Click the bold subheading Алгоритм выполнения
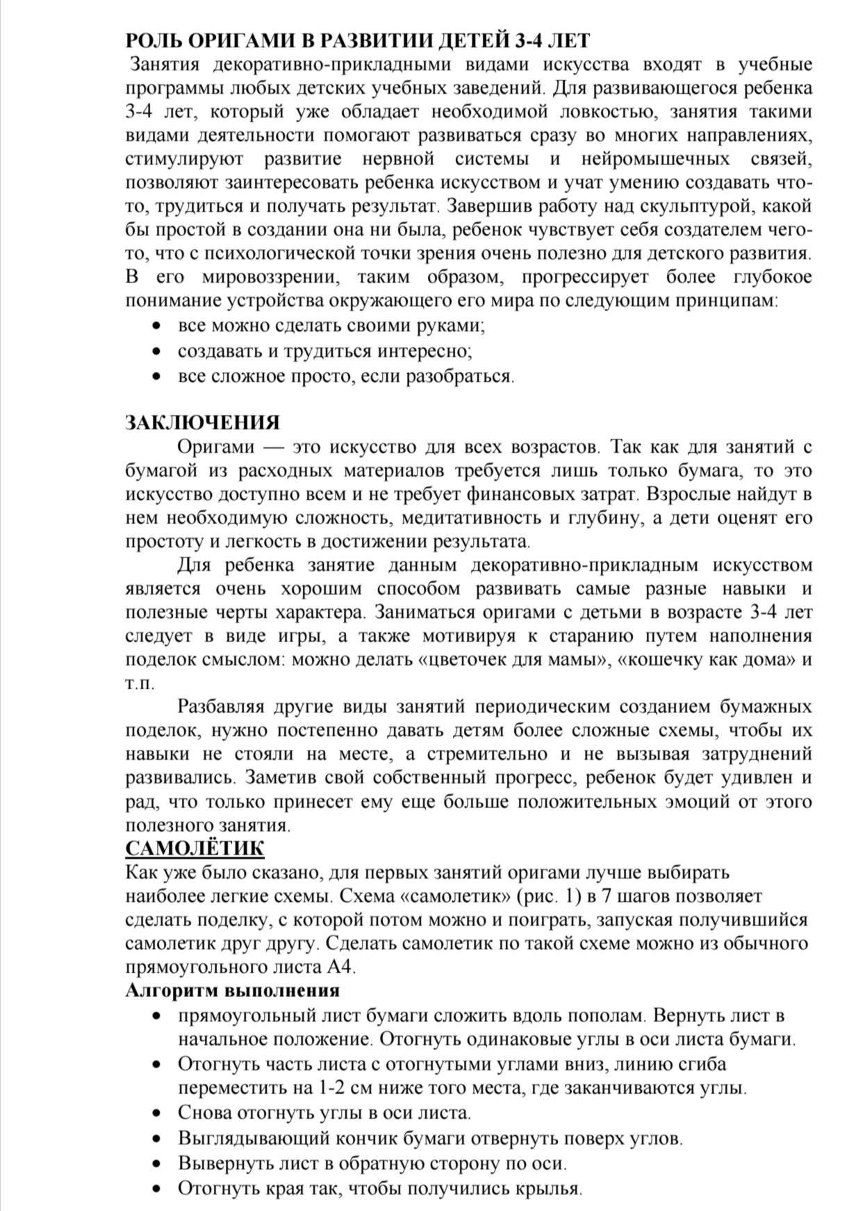232,990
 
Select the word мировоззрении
270,278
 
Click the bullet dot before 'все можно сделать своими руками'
158,326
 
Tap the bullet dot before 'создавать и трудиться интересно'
158,351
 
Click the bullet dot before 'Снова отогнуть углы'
158,1112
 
